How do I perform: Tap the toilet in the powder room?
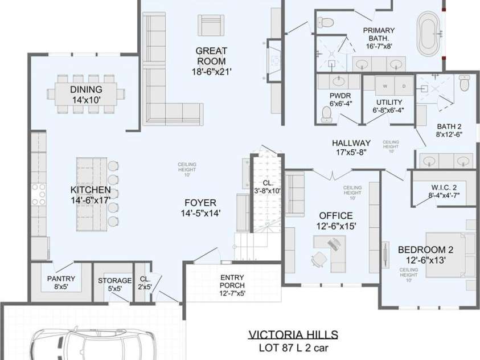click(326, 116)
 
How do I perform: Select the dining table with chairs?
click(86, 91)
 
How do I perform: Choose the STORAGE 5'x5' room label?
click(114, 284)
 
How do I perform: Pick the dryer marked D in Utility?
click(404, 86)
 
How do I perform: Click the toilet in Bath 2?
click(463, 84)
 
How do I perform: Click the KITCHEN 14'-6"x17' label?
click(91, 195)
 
